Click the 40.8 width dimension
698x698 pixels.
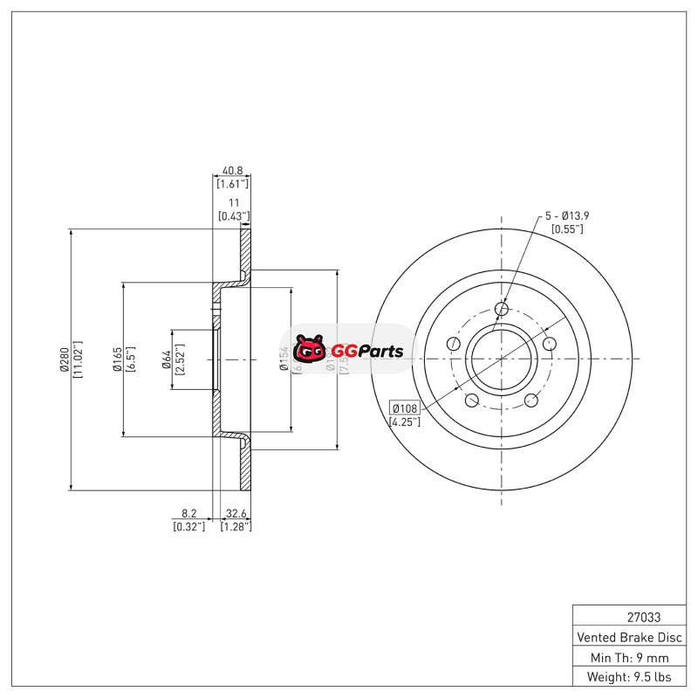point(232,170)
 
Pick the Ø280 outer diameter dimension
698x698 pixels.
point(64,359)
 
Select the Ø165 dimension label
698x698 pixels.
point(115,359)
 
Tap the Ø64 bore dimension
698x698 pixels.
point(166,359)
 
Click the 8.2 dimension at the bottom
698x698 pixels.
point(189,514)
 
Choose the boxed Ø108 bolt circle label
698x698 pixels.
point(405,407)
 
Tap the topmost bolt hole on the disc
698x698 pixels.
point(502,308)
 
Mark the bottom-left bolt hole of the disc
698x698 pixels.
point(472,400)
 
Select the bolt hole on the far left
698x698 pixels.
point(453,344)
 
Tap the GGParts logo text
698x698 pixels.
point(366,352)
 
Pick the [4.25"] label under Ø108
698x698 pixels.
point(405,421)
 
